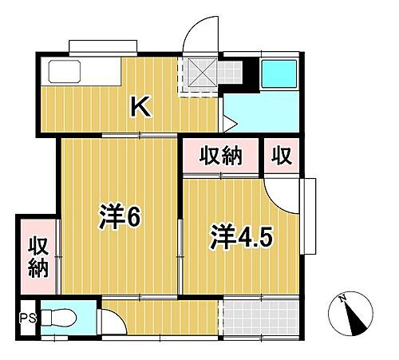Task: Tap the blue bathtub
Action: [279, 73]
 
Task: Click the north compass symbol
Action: [352, 314]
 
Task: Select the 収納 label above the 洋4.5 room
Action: [220, 155]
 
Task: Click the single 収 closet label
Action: [282, 155]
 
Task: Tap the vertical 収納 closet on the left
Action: [36, 257]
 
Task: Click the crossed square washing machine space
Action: [199, 74]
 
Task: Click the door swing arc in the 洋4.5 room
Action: [279, 192]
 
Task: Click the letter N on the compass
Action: [342, 299]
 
